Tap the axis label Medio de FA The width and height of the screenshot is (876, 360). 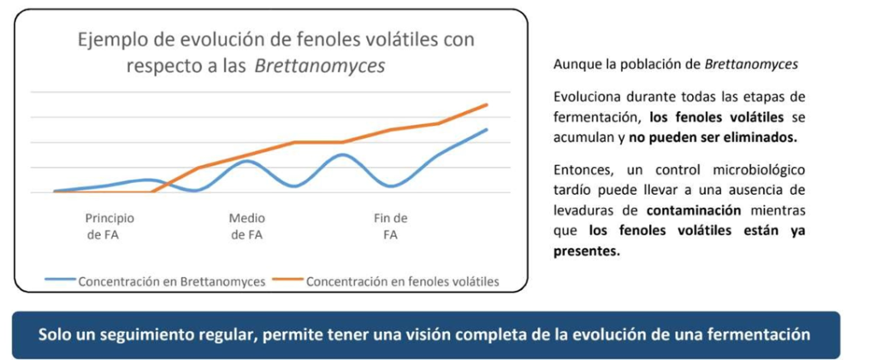point(246,227)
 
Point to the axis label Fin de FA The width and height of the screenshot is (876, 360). point(391,227)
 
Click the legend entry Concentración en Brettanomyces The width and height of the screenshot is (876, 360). point(172,280)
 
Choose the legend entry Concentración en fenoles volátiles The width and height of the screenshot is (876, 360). point(402,280)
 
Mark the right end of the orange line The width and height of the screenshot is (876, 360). point(487,105)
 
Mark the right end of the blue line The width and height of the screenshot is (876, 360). point(487,130)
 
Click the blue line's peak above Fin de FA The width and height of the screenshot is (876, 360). point(342,155)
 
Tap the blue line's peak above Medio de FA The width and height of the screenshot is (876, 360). point(246,161)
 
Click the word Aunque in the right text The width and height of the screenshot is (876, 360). point(575,65)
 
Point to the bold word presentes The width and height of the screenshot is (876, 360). point(587,251)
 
